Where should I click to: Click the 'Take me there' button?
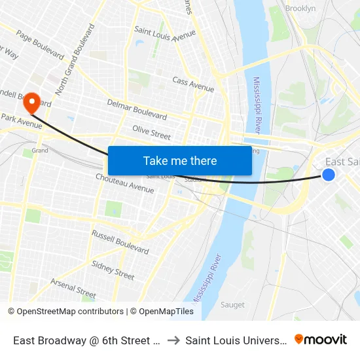[x=180, y=161]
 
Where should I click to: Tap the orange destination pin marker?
[x=30, y=103]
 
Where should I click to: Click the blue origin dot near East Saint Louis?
[x=329, y=174]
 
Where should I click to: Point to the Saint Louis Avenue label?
[x=165, y=34]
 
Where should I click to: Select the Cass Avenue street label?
[x=193, y=84]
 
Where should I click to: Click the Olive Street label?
[x=151, y=132]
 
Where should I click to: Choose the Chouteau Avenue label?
[x=124, y=184]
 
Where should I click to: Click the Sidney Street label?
[x=113, y=269]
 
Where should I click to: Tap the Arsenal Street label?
[x=73, y=287]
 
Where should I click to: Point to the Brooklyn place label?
[x=300, y=9]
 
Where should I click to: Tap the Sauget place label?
[x=232, y=304]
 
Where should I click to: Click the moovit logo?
[x=320, y=340]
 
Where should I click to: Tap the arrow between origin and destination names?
[x=173, y=340]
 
